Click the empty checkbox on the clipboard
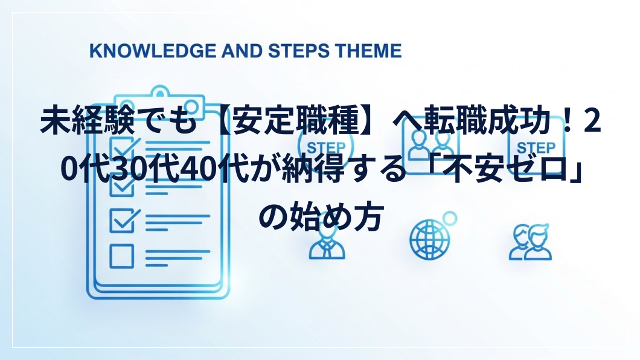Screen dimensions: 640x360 [x=121, y=256]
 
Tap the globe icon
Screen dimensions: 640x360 [x=430, y=239]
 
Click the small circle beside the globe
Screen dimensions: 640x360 [x=450, y=219]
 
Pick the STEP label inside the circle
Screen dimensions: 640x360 [x=326, y=148]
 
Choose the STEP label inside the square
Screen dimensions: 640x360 [x=536, y=148]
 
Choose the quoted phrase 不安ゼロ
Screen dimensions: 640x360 [x=507, y=169]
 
